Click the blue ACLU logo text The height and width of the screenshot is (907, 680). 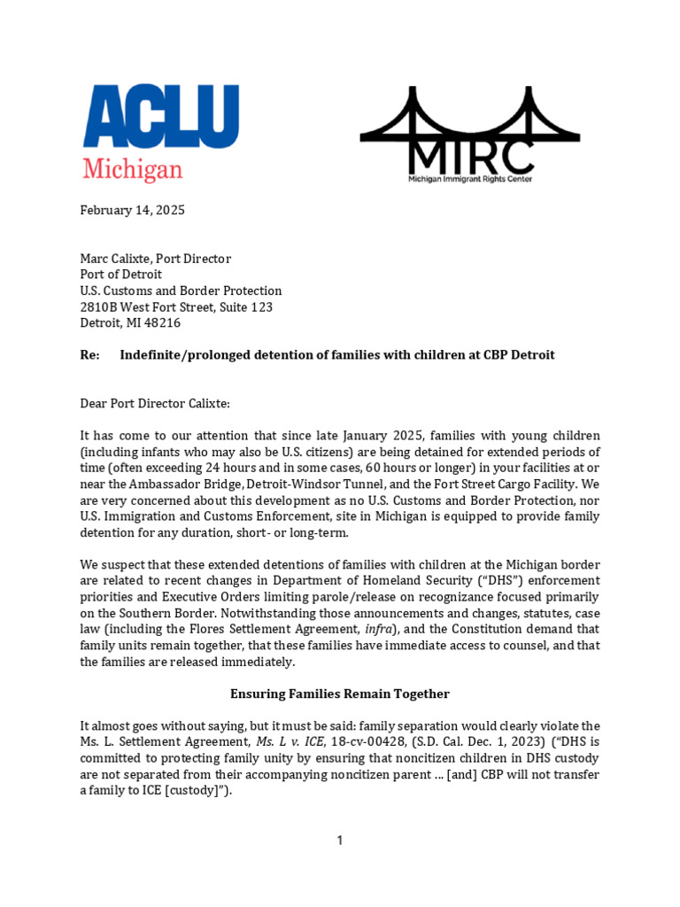(x=160, y=116)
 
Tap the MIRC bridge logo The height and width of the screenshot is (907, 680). (x=470, y=133)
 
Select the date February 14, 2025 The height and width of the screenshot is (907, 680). (x=133, y=210)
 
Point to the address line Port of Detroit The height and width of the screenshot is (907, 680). (x=122, y=275)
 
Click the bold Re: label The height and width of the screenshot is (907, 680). (x=90, y=355)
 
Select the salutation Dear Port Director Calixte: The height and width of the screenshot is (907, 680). (x=155, y=403)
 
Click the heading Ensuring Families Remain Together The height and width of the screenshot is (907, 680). (x=340, y=694)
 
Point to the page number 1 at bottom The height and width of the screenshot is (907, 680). (x=340, y=841)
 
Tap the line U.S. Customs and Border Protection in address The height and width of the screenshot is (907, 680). (x=182, y=291)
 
